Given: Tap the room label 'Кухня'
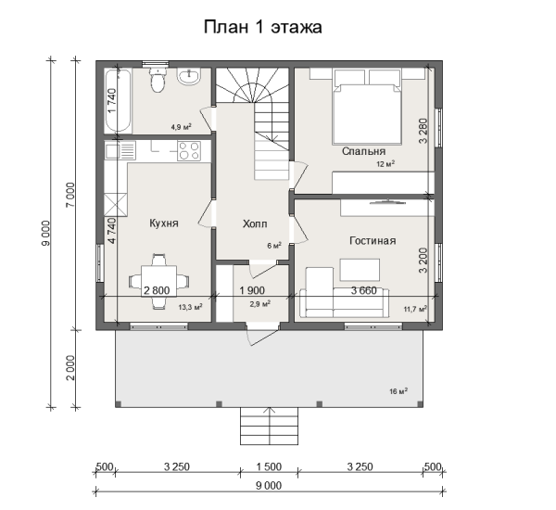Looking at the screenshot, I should (163, 223).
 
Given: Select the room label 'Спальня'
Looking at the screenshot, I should (363, 150).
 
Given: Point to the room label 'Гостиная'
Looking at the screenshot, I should (373, 240).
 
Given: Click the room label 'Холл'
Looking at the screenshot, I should (255, 223).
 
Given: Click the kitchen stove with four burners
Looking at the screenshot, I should (189, 149).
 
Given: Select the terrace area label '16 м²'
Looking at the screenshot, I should (399, 391).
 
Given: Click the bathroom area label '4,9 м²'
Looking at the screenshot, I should (180, 127).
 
